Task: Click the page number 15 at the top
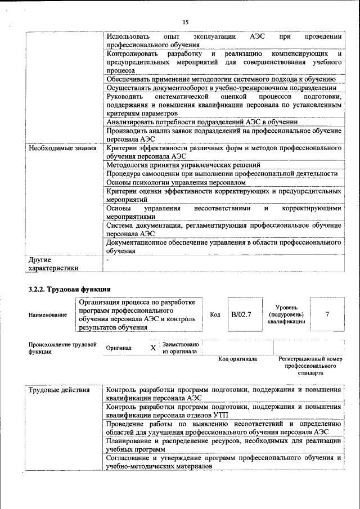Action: pos(184,22)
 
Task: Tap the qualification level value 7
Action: pos(327,314)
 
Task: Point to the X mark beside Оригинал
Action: pos(153,348)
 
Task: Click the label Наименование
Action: pos(47,315)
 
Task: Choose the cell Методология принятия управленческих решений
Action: pos(183,165)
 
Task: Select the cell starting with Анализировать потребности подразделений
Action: pos(201,122)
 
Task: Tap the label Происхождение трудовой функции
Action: pos(62,348)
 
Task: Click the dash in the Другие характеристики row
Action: pos(107,260)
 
